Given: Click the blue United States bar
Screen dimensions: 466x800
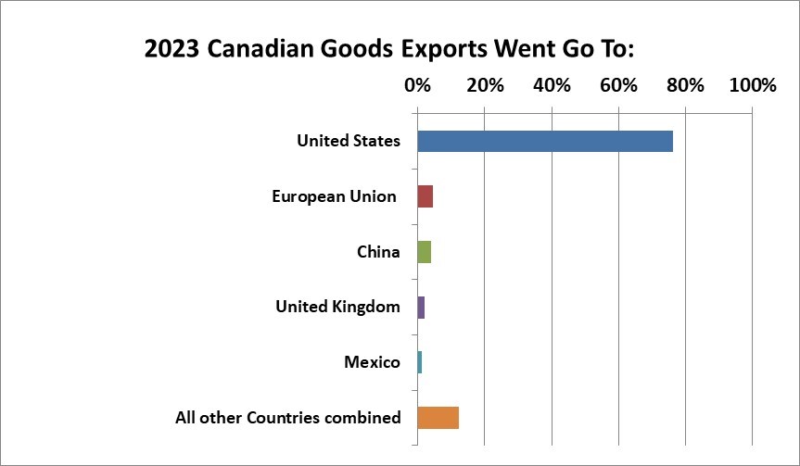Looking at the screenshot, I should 545,142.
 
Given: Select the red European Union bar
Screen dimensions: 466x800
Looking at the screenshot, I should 425,196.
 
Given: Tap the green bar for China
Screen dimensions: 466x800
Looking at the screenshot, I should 425,252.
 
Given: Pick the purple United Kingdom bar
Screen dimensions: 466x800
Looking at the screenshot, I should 421,307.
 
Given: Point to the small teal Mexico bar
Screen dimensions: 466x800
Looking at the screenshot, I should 420,362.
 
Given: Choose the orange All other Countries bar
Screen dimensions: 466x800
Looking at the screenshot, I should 438,418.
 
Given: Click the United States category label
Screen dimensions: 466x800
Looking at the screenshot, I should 349,142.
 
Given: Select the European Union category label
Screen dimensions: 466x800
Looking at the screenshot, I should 334,196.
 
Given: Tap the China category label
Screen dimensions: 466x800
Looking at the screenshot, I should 378,252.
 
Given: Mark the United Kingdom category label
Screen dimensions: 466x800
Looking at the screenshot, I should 337,307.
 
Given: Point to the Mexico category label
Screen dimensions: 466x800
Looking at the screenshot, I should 372,362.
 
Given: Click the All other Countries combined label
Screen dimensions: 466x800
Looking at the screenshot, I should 288,418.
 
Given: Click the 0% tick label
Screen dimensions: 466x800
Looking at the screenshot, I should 418,85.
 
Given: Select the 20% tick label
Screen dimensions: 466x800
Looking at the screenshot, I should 485,85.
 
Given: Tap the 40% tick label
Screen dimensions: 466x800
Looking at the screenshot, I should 552,85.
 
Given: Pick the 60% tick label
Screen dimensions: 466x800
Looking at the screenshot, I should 618,85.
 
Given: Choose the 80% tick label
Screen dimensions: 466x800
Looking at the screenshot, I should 685,85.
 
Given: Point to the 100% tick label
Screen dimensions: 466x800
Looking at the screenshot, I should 752,85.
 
